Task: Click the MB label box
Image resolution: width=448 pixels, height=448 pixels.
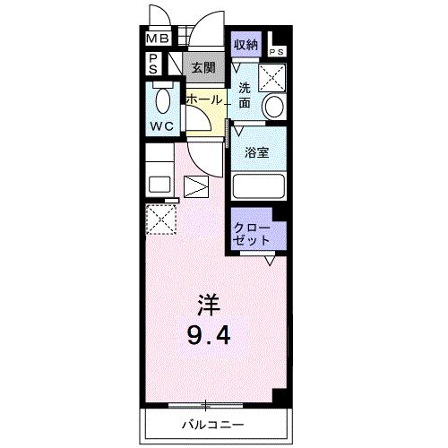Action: (x=157, y=39)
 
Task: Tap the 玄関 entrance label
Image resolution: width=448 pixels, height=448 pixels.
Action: (x=203, y=67)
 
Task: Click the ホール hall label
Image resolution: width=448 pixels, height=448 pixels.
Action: (x=203, y=99)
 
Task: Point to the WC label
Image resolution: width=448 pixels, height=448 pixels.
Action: (x=162, y=125)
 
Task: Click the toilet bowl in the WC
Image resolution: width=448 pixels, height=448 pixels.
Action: (x=163, y=98)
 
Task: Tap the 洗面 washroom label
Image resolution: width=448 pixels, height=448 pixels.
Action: (x=245, y=95)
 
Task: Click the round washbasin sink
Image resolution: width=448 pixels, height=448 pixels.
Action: (x=273, y=107)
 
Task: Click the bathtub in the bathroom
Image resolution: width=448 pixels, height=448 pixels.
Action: (x=258, y=187)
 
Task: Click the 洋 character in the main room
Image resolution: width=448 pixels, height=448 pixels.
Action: (x=207, y=303)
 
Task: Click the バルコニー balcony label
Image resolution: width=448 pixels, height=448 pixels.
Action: (x=214, y=424)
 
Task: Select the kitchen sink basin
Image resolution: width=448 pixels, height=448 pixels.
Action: (x=159, y=185)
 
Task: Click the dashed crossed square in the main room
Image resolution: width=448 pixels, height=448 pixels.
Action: (x=161, y=219)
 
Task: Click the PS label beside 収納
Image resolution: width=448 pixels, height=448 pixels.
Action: (x=277, y=52)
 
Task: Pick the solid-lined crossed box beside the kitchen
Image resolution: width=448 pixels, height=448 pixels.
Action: (x=195, y=187)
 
